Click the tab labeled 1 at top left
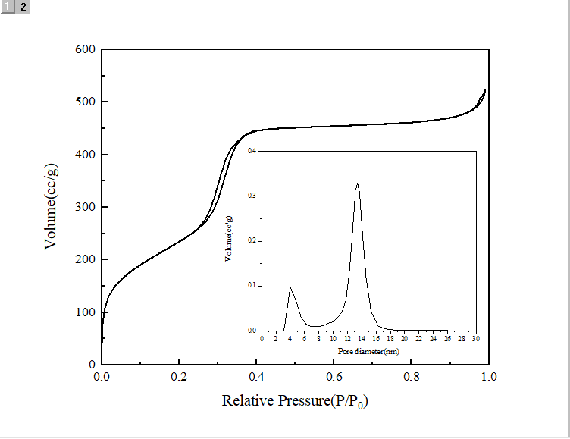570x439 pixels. [x=8, y=7]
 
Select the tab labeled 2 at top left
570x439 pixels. [x=23, y=7]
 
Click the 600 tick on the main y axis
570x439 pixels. [x=85, y=50]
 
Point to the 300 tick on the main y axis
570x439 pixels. [x=85, y=207]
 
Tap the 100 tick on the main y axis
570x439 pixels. [x=85, y=312]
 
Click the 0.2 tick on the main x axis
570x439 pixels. [x=179, y=376]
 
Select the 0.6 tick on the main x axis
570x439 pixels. [x=334, y=376]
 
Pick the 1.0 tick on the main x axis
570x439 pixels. [x=487, y=376]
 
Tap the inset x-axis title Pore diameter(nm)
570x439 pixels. [x=368, y=352]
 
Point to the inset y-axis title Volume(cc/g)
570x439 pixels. [x=228, y=239]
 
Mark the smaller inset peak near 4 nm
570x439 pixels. [x=290, y=287]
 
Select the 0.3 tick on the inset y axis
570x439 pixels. [x=253, y=196]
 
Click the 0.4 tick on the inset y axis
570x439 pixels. [x=253, y=151]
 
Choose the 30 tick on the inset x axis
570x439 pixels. [x=476, y=339]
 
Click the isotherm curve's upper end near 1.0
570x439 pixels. [x=484, y=90]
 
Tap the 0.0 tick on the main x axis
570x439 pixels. [x=102, y=376]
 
